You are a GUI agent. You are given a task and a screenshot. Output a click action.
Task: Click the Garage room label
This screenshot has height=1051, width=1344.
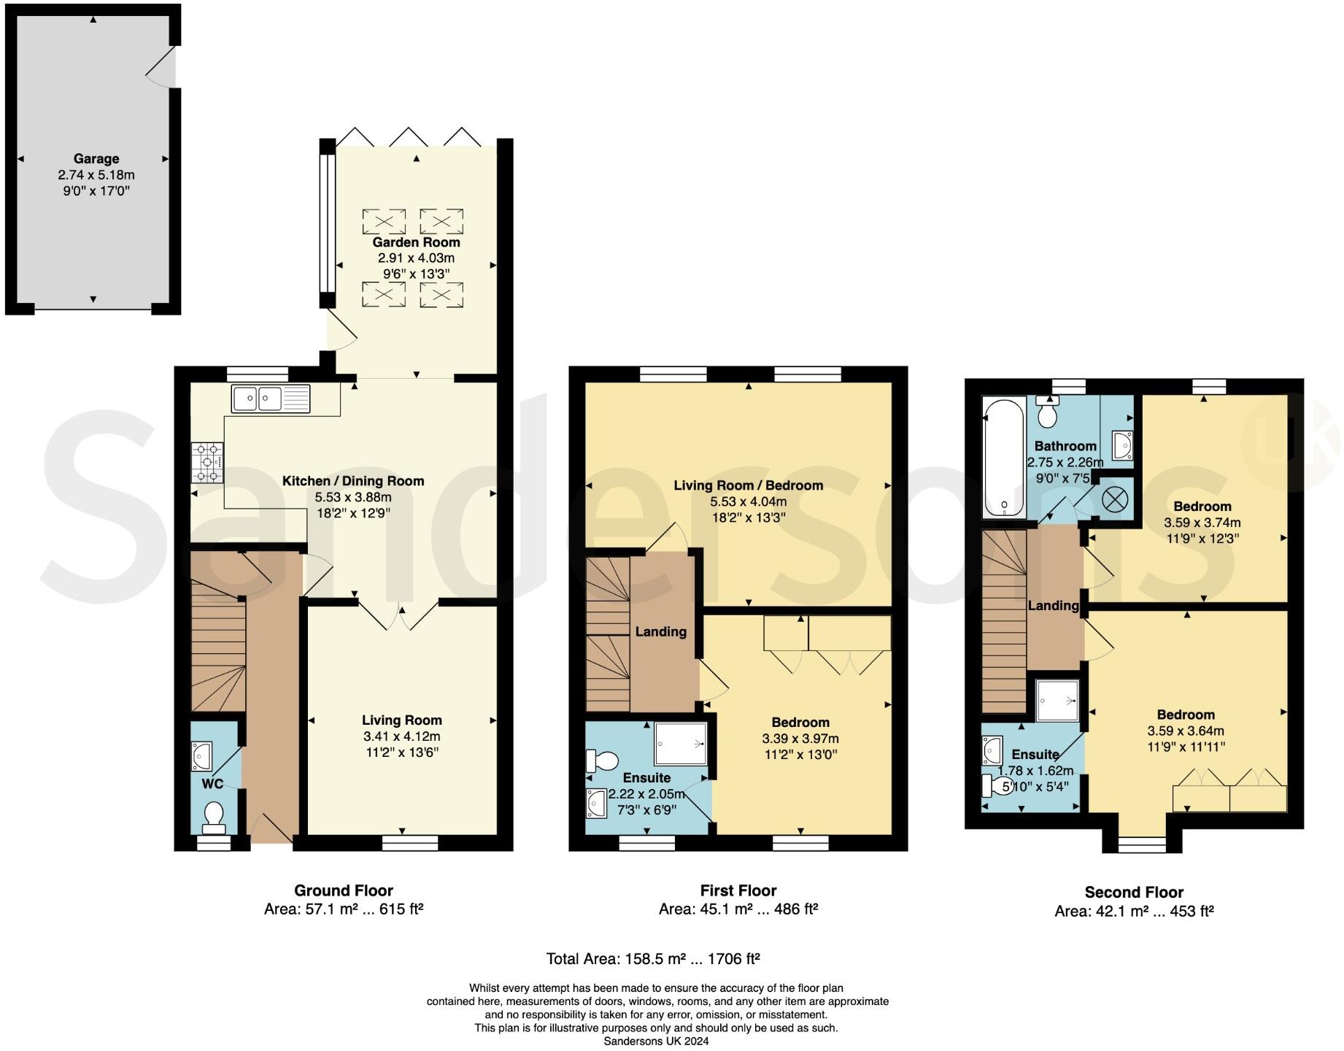coord(96,159)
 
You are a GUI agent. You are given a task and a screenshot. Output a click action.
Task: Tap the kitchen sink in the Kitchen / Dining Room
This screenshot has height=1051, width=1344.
coord(271,399)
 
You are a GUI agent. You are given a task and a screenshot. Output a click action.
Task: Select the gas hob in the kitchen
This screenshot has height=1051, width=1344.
coord(207,463)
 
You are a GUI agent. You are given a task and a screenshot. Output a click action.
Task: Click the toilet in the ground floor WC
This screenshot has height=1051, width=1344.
coord(214,817)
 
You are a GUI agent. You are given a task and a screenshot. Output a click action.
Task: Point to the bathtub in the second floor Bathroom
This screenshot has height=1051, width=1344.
coord(1004,458)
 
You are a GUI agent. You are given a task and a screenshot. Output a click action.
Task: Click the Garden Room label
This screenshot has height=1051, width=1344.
coord(416,242)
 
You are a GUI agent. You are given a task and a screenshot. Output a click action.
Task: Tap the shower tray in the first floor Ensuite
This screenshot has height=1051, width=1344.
coord(681,744)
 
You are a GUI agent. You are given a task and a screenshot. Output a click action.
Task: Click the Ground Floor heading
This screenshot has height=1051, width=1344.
coord(344,890)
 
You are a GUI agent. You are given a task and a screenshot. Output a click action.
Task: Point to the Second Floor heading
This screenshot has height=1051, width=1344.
coord(1134,892)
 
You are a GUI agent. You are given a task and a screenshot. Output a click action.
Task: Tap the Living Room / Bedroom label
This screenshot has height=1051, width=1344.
coord(748,485)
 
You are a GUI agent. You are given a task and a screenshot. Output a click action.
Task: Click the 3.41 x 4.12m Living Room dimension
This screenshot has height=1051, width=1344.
coord(402,736)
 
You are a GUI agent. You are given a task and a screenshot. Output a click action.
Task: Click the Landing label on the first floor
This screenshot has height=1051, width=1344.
coord(660,632)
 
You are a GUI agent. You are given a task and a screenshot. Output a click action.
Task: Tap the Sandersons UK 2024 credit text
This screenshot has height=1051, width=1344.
coord(656,1042)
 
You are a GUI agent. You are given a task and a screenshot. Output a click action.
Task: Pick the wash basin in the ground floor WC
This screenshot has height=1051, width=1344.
coord(201,757)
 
